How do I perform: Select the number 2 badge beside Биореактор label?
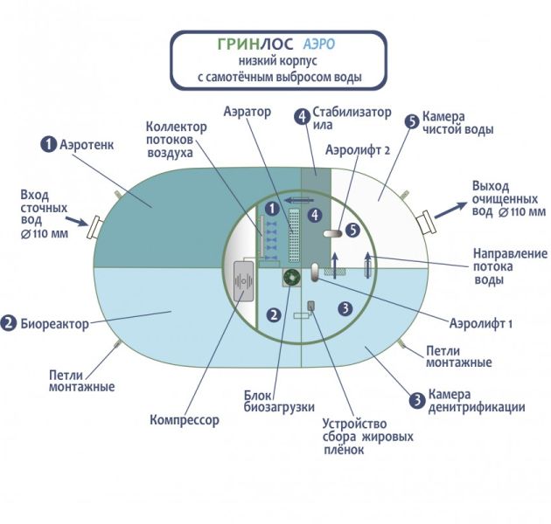[10, 323]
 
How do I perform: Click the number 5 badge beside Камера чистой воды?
[410, 121]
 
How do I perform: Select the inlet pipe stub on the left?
[93, 225]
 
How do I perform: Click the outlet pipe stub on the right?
[427, 224]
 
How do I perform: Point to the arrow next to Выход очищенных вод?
[451, 206]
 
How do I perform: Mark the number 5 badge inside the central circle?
[352, 230]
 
